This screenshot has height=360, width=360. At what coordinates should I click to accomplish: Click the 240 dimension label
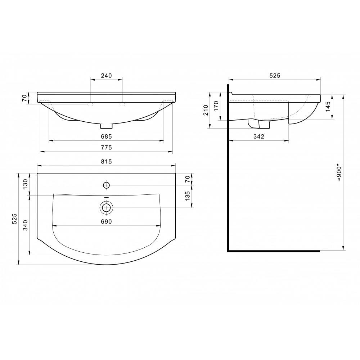point(106,76)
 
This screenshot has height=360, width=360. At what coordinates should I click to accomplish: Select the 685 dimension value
point(106,136)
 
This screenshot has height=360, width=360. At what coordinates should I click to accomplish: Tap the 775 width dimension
point(106,147)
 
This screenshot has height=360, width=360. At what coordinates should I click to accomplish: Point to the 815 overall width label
point(106,162)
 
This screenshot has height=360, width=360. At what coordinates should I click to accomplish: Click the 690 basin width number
point(106,221)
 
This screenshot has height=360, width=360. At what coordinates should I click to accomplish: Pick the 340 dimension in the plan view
point(25,225)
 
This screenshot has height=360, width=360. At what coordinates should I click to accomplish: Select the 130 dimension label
point(25,184)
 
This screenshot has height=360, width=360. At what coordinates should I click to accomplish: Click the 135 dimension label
point(188,196)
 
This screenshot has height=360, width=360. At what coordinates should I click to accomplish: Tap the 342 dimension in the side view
point(259,136)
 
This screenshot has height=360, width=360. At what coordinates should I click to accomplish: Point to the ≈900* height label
point(339,173)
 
